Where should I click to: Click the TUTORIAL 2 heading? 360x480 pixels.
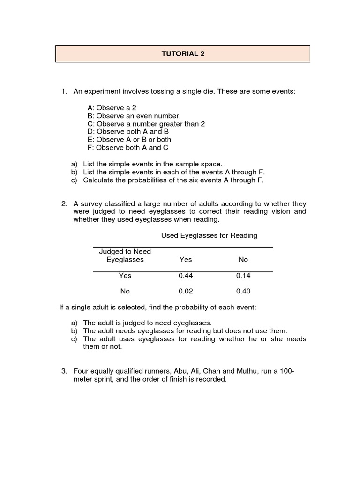coord(183,54)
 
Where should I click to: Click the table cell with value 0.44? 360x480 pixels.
coord(186,276)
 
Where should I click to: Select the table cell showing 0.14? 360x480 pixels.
coord(243,276)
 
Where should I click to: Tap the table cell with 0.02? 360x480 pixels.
coord(186,291)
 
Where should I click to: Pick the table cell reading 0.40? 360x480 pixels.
coord(243,291)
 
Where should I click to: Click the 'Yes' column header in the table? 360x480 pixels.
coord(186,259)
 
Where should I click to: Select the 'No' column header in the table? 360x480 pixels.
coord(243,259)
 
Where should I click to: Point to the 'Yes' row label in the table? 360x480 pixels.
coord(125,276)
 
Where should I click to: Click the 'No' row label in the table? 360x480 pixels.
coord(125,291)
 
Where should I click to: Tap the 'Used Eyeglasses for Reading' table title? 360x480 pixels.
coord(209,235)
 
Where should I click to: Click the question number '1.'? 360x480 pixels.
coord(65,91)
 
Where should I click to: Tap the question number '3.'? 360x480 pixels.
coord(65,372)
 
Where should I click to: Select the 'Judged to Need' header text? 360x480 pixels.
coord(125,252)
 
